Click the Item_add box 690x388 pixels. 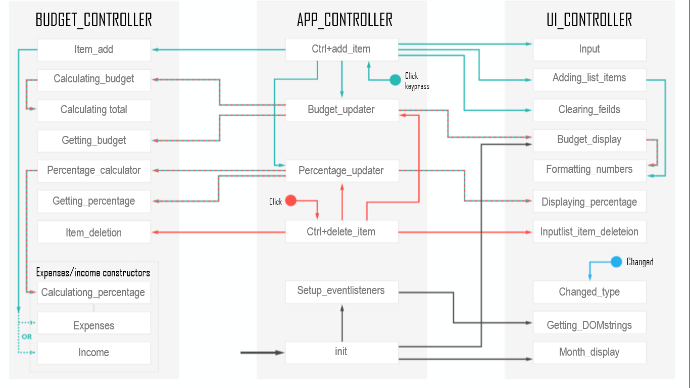pos(94,50)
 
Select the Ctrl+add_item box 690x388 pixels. pos(341,50)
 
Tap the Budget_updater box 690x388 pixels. pos(341,110)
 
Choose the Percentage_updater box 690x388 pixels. pos(341,171)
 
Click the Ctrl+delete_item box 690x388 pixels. pos(341,232)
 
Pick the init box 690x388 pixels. pos(341,352)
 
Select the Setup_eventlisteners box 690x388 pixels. pos(341,291)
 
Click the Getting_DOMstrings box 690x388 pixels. pos(589,325)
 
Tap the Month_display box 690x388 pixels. pos(589,352)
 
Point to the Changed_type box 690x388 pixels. pos(589,292)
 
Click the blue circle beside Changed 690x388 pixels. pos(616,262)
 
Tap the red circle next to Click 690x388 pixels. pos(291,201)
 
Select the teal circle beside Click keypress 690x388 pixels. pos(395,79)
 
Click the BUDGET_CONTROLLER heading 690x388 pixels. pos(94,20)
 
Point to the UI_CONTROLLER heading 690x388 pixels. pos(589,20)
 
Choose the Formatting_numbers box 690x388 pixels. pos(589,170)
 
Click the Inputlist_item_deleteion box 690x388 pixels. pos(589,232)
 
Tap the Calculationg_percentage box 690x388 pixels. pos(94,293)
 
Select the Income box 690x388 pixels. pos(94,353)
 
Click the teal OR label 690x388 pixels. pos(26,336)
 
